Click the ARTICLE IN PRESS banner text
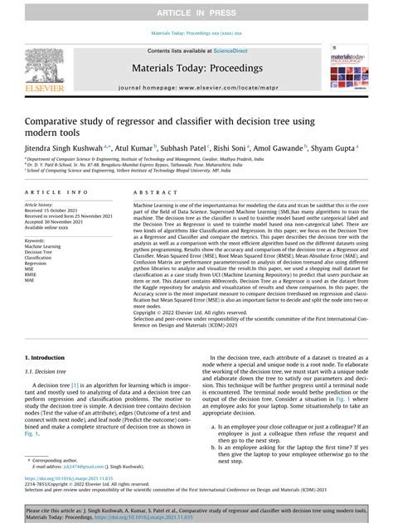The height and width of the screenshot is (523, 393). coord(196,9)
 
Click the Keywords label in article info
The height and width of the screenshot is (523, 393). coord(37,239)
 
